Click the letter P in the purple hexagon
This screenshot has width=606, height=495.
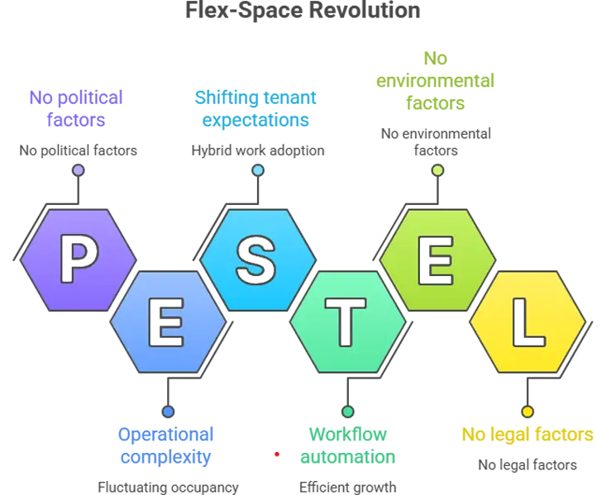(79, 259)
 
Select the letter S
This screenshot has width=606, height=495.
(258, 259)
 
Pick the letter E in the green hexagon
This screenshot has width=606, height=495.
(437, 259)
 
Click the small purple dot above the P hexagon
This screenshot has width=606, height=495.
(79, 170)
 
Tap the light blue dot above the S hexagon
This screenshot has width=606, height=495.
(258, 170)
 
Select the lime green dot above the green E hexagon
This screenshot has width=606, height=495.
(437, 170)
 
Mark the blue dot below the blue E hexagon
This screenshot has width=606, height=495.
(168, 412)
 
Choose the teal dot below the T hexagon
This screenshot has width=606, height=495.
(348, 412)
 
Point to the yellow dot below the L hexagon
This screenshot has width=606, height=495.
(527, 412)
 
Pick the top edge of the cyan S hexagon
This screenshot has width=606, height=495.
(258, 211)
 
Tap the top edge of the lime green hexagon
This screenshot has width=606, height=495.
(437, 211)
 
